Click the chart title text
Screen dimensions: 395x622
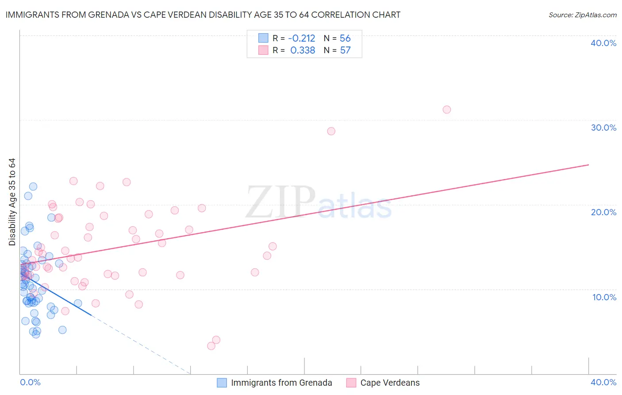(x=203, y=15)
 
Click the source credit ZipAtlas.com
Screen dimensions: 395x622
(x=582, y=15)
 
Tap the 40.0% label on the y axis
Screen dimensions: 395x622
(x=603, y=43)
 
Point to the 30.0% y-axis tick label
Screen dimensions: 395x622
(x=603, y=128)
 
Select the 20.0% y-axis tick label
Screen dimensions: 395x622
(x=603, y=212)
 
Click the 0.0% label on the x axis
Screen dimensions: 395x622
(x=30, y=382)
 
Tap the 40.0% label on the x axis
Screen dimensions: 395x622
(x=603, y=382)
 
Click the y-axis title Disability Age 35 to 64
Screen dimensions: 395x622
(x=12, y=202)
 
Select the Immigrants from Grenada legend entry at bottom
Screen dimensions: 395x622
(x=281, y=383)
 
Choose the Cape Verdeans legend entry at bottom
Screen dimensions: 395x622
(x=390, y=383)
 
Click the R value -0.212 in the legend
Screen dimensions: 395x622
(x=302, y=39)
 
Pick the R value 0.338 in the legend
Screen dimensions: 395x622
(x=303, y=50)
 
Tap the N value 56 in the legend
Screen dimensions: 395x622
(x=345, y=39)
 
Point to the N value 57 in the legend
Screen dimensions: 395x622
(x=345, y=50)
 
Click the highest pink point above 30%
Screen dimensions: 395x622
(x=447, y=109)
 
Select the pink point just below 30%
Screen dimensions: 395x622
(x=331, y=131)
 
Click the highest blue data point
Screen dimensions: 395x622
(x=33, y=186)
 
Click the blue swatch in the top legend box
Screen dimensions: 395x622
(x=263, y=38)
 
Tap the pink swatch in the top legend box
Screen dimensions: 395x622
(x=263, y=50)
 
